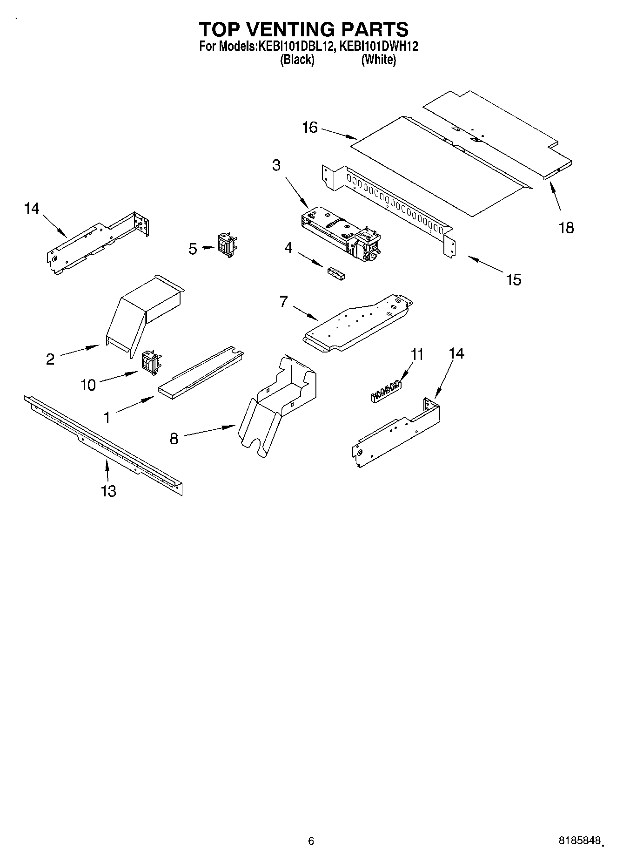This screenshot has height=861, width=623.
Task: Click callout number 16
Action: pyautogui.click(x=310, y=128)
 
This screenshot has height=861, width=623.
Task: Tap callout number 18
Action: pyautogui.click(x=566, y=228)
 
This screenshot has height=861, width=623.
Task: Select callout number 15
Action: pyautogui.click(x=514, y=280)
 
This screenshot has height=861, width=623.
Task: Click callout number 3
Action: pyautogui.click(x=276, y=165)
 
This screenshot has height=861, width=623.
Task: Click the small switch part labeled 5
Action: pyautogui.click(x=226, y=244)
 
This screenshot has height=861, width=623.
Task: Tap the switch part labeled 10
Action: pyautogui.click(x=151, y=362)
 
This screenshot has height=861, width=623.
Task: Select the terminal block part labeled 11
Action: pyautogui.click(x=386, y=391)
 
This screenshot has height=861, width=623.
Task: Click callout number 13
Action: pyautogui.click(x=108, y=491)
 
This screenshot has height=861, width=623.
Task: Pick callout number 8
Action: pyautogui.click(x=174, y=439)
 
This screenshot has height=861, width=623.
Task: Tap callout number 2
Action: pyautogui.click(x=50, y=359)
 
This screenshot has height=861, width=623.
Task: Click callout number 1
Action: pyautogui.click(x=107, y=418)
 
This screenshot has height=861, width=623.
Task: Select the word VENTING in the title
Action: pyautogui.click(x=303, y=29)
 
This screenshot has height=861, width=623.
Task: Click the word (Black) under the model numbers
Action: pyautogui.click(x=297, y=60)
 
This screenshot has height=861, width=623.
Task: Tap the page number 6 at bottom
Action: pyautogui.click(x=311, y=841)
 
